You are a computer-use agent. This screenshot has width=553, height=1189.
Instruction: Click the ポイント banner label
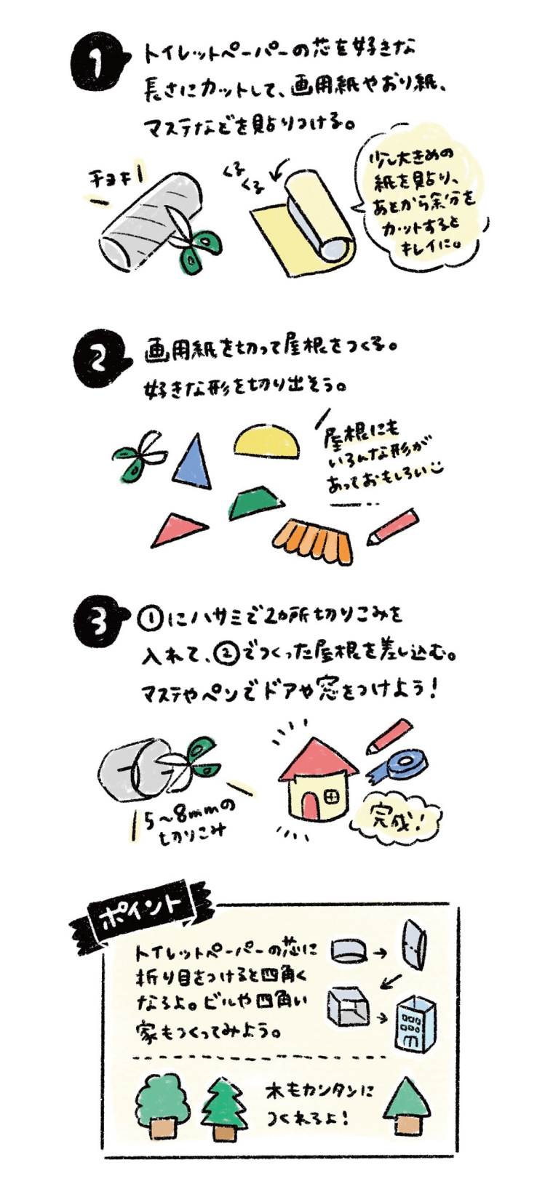point(142,910)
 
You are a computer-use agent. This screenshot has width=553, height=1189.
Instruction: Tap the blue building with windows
point(414,1021)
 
